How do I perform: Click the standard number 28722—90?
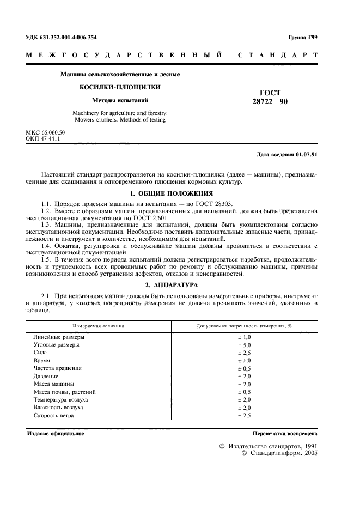[x=271, y=102]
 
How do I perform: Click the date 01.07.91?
[x=307, y=155]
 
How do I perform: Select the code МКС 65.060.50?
[x=45, y=132]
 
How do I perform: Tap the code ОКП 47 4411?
[x=44, y=139]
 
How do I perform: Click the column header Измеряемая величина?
[x=99, y=326]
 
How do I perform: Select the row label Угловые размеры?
[x=56, y=345]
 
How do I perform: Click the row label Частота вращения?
[x=58, y=368]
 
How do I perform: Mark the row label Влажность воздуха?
[x=58, y=408]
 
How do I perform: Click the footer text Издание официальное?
[x=55, y=434]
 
